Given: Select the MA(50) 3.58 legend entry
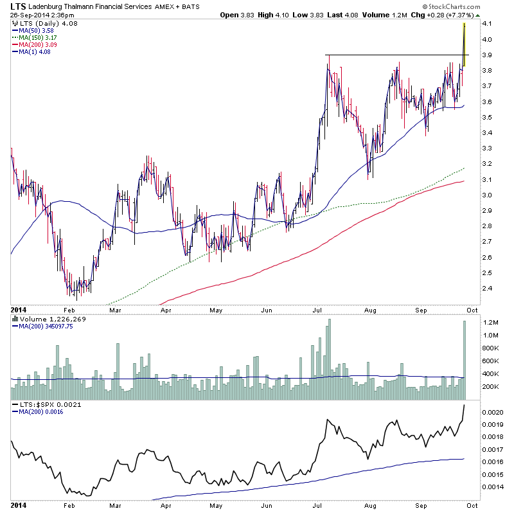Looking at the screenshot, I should click(x=33, y=29).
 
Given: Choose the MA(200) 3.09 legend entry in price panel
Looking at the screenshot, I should click(x=35, y=44).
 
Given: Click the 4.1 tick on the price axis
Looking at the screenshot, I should click(x=486, y=24).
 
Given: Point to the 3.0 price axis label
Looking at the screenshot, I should click(x=486, y=195).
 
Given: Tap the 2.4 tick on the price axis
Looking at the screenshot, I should click(x=486, y=289).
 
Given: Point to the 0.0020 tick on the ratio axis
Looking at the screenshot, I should click(x=493, y=411).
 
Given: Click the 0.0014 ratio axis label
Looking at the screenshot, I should click(x=493, y=487).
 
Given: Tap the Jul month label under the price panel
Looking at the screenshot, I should click(x=319, y=309).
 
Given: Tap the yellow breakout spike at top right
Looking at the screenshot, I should click(x=464, y=39).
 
